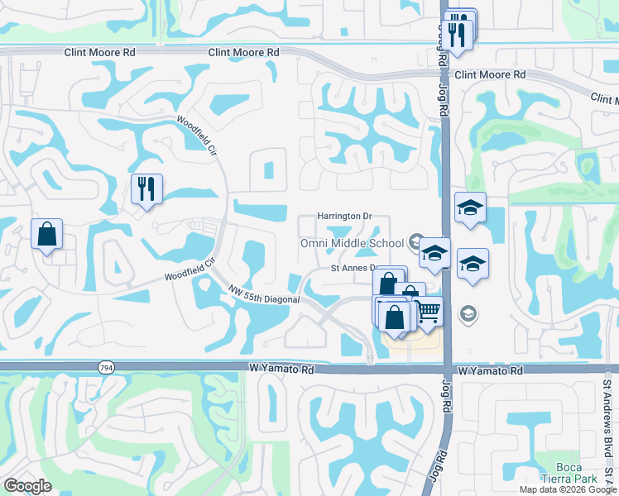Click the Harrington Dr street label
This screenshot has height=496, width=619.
(x=344, y=217)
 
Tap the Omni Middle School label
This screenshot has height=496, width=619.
(x=352, y=244)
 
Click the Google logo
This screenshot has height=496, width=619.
(x=26, y=486)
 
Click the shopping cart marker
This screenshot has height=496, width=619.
(x=427, y=312)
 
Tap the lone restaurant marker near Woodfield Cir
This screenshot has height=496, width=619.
(x=146, y=189)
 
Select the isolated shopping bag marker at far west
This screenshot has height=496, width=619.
(x=47, y=234)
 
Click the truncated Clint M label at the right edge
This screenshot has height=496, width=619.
(x=604, y=98)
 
